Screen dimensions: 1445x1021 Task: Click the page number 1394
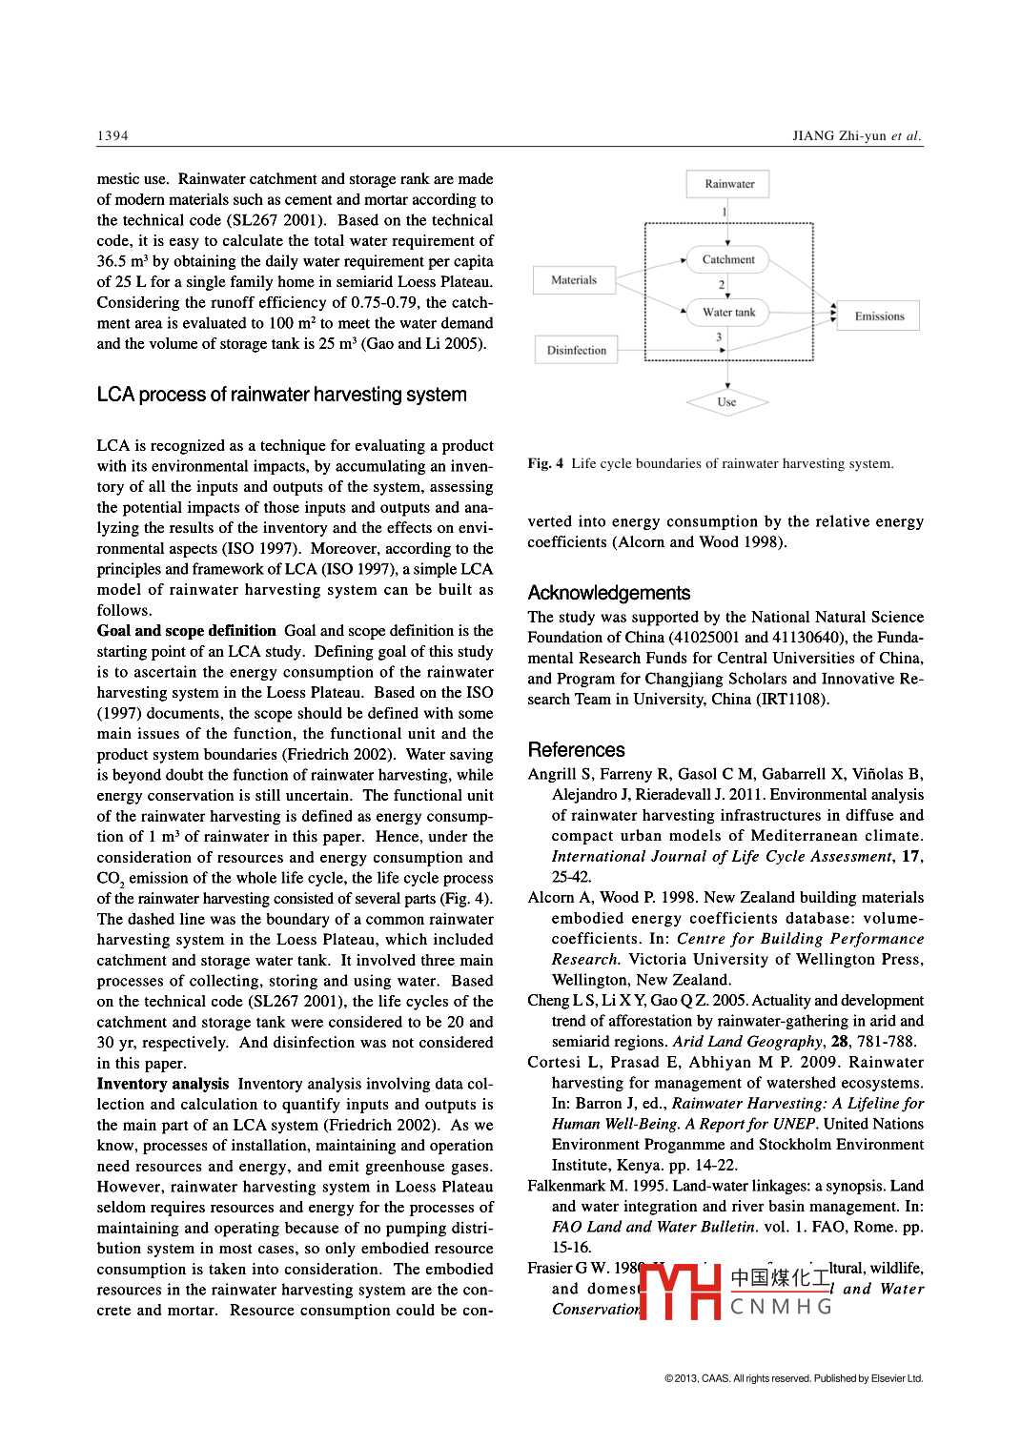[112, 135]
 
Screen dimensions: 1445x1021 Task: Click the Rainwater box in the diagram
[728, 184]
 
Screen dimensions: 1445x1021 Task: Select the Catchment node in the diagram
[728, 259]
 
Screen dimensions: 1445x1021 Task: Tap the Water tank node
[728, 312]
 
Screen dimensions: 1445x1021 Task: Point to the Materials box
[574, 280]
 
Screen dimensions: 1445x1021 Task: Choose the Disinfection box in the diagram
[577, 350]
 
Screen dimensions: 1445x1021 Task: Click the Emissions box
[878, 316]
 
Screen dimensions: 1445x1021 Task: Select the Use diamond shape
[726, 402]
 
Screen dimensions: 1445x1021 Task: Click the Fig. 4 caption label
[545, 464]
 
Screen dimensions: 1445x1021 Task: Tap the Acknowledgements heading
[608, 593]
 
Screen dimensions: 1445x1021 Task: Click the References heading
[576, 750]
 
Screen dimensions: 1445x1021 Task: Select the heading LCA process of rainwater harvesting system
[281, 395]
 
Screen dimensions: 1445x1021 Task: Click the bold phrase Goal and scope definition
[186, 631]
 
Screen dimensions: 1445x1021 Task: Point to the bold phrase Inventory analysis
[163, 1084]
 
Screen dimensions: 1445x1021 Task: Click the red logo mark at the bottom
[680, 1291]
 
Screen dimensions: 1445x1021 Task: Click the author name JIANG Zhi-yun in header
[839, 135]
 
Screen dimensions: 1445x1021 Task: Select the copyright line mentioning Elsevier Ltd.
[793, 1378]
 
